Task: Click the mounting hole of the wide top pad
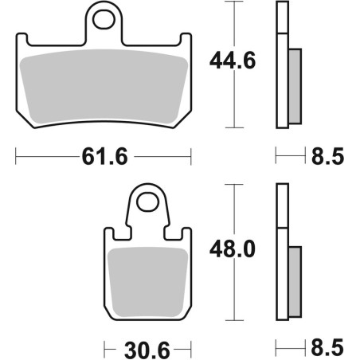pyautogui.click(x=104, y=18)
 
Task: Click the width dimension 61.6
pyautogui.click(x=104, y=156)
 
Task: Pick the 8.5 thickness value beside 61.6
pyautogui.click(x=326, y=156)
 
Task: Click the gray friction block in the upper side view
pyautogui.click(x=294, y=85)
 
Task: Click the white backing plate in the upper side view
pyautogui.click(x=280, y=64)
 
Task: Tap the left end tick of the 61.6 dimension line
pyautogui.click(x=17, y=156)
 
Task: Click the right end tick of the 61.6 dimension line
pyautogui.click(x=192, y=156)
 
